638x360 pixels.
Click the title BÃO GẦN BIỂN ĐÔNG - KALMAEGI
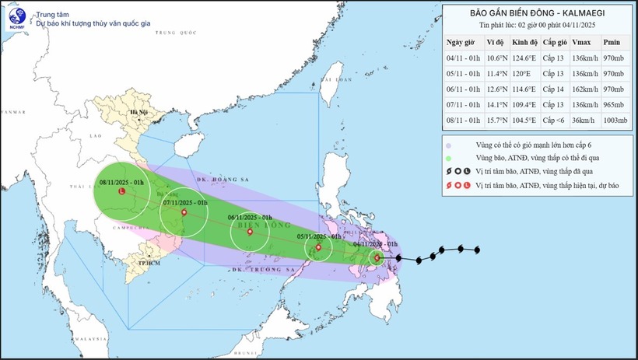point(538,12)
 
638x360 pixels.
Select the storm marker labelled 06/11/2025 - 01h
point(249,232)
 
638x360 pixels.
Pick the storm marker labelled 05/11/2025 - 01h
point(317,249)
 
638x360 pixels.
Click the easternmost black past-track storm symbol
point(476,250)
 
